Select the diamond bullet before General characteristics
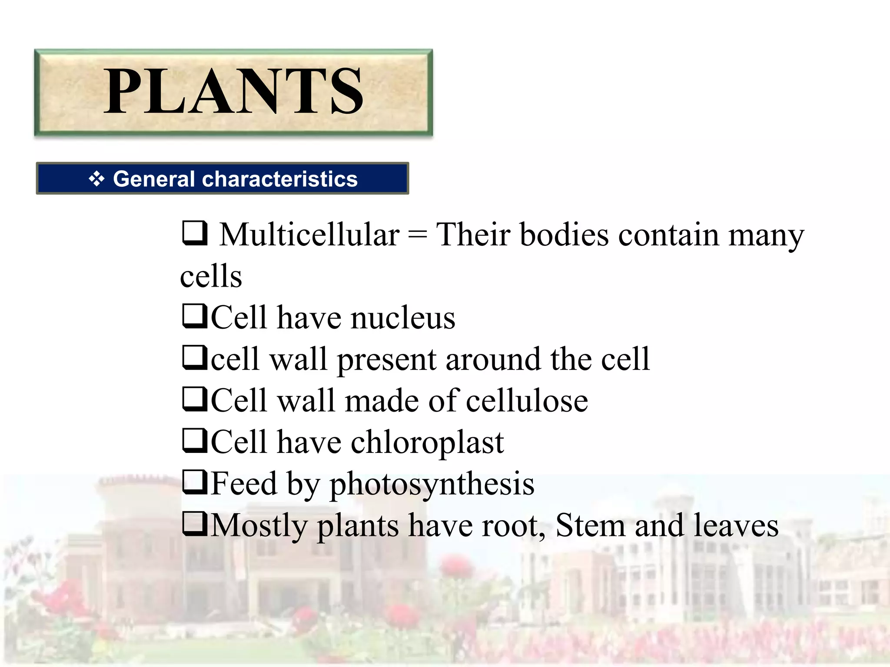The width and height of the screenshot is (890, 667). point(96,178)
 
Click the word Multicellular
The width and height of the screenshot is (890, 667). point(309,235)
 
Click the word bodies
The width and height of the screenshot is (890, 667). point(565,235)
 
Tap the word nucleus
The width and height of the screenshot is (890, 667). point(403,318)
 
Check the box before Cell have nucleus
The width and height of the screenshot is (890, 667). point(195,317)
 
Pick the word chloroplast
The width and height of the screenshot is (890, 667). point(427,442)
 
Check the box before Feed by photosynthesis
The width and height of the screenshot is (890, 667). point(195,482)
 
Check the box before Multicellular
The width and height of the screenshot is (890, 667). point(195,233)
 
